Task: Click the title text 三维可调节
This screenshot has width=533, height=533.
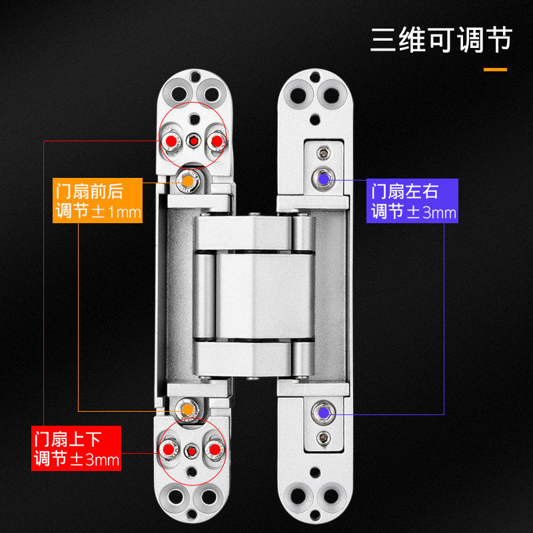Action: (x=441, y=40)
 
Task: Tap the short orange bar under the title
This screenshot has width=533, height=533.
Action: (x=494, y=69)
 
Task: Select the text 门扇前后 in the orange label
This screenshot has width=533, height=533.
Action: (x=89, y=191)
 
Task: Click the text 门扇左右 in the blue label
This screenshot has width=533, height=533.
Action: (x=404, y=191)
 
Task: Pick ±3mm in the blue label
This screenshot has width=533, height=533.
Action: (x=431, y=213)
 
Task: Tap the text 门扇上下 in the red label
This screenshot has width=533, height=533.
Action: (x=67, y=440)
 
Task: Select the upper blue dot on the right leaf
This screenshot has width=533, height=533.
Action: (x=323, y=178)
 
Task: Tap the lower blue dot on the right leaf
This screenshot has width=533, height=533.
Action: (x=323, y=412)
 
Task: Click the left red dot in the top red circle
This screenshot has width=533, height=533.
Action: (x=172, y=141)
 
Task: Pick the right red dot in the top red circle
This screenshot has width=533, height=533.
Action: (x=216, y=141)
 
